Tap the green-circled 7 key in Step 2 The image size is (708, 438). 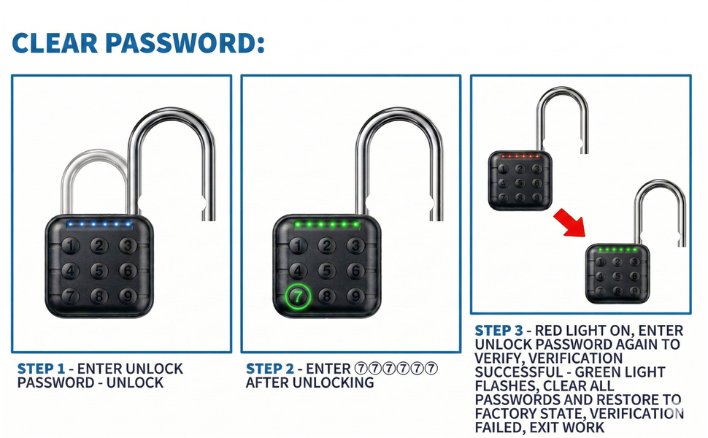click(x=297, y=297)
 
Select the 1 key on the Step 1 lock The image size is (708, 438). click(x=69, y=246)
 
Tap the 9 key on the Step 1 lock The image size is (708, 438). click(x=128, y=297)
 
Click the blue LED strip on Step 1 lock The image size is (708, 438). click(x=99, y=224)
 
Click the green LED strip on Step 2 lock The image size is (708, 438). click(x=326, y=224)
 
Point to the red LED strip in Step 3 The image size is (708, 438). click(x=519, y=156)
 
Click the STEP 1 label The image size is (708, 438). click(x=41, y=369)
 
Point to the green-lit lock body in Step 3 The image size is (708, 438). click(x=618, y=274)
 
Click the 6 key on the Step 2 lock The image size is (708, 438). click(x=355, y=271)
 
